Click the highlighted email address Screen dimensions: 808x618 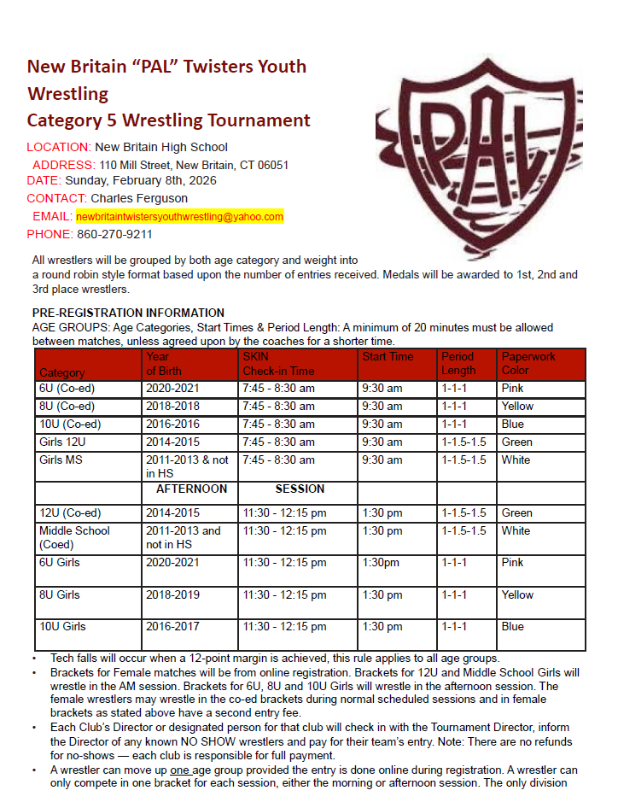(179, 216)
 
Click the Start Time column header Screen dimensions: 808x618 (388, 356)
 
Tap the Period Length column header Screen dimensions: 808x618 (458, 363)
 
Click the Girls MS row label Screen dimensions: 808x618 (58, 460)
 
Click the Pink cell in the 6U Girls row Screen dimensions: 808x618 (513, 563)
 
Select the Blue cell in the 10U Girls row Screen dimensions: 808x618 (513, 626)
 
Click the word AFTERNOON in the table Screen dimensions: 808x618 (191, 489)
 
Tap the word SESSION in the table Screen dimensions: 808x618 (300, 489)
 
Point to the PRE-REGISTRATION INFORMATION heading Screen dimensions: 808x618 (128, 313)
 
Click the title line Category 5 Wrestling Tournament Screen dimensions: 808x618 (168, 120)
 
